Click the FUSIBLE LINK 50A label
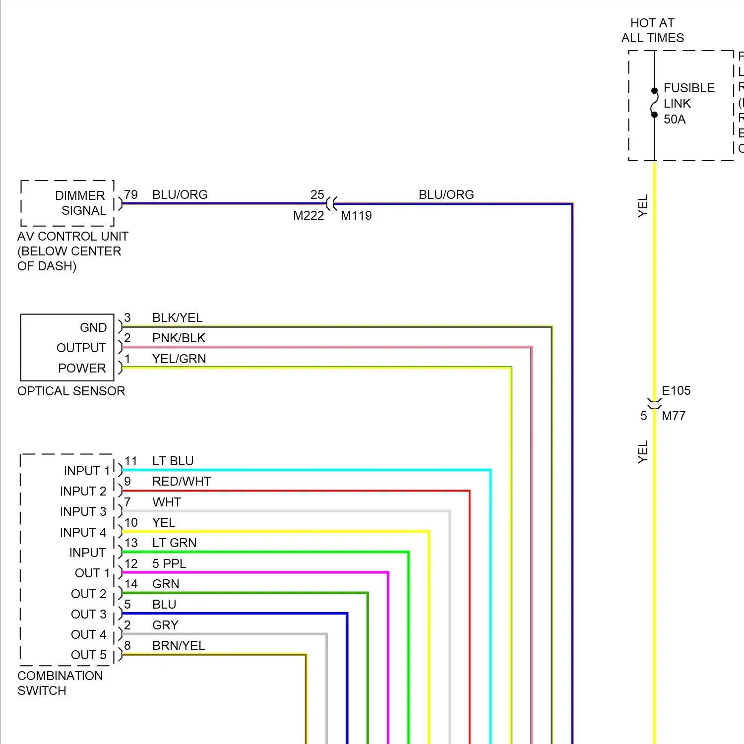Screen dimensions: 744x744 pos(688,104)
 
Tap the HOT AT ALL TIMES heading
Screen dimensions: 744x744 pos(652,30)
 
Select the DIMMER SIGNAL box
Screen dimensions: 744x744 pos(68,203)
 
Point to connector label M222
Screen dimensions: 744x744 pos(308,216)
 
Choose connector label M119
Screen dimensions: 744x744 pos(356,216)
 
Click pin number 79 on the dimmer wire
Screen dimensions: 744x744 pos(131,194)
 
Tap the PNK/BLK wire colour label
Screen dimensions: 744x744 pos(179,338)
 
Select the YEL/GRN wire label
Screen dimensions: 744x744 pos(179,359)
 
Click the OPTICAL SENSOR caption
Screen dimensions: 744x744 pos(71,391)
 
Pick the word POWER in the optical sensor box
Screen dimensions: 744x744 pos(82,368)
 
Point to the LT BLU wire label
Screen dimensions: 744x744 pos(173,461)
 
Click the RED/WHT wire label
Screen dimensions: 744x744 pos(182,481)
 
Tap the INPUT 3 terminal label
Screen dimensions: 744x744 pos(83,511)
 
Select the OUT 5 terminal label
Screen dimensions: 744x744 pos(88,655)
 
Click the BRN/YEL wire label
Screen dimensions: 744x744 pos(179,645)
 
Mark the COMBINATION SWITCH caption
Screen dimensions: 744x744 pos(60,683)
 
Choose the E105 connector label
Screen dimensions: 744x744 pos(676,390)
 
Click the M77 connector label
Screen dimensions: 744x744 pos(674,416)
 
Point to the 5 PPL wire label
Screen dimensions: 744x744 pos(169,563)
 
